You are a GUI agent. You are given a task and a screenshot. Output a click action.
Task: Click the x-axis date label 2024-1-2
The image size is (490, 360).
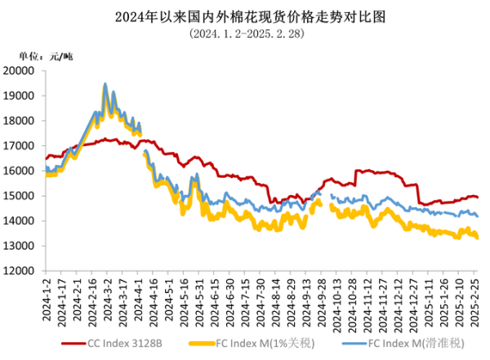(x=47, y=300)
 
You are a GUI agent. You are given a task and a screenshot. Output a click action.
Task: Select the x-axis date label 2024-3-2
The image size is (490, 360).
(x=106, y=300)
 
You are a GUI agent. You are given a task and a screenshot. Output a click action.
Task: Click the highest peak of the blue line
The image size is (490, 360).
(x=105, y=84)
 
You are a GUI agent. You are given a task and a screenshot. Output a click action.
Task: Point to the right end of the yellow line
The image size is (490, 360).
(x=478, y=238)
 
